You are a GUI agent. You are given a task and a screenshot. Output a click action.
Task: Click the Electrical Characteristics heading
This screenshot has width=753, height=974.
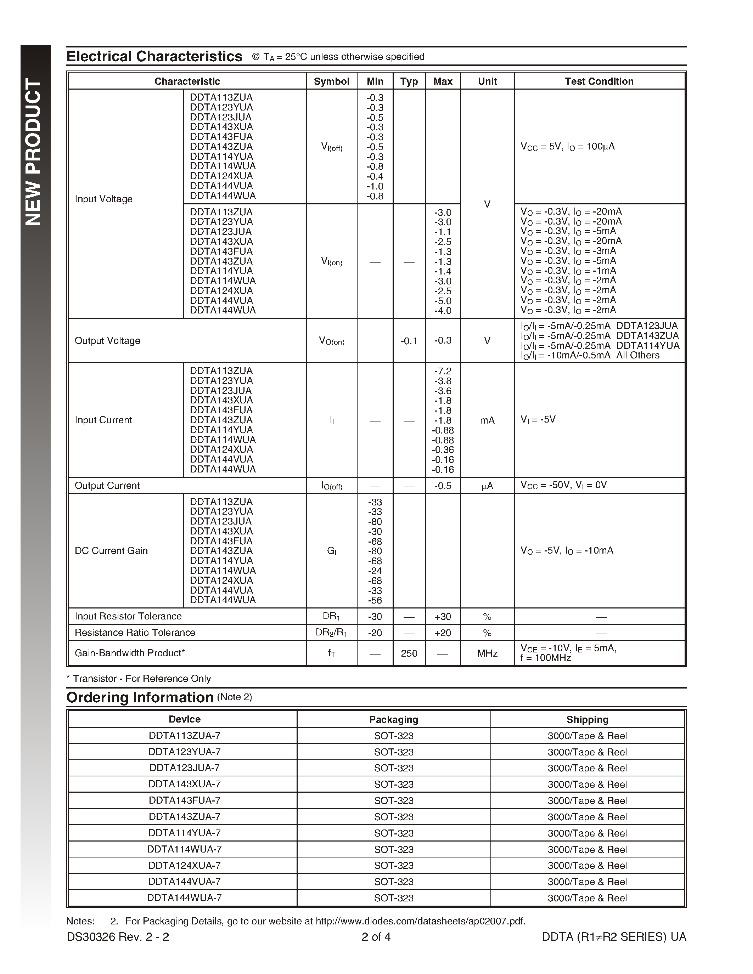click(x=154, y=57)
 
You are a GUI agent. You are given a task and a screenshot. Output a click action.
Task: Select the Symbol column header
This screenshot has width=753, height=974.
click(x=331, y=81)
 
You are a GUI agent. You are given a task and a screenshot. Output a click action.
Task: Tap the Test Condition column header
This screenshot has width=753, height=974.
click(x=599, y=81)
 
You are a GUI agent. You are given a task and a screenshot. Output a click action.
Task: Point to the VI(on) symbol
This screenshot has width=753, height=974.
click(x=331, y=262)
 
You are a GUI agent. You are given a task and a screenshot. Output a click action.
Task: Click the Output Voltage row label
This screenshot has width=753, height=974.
click(x=107, y=341)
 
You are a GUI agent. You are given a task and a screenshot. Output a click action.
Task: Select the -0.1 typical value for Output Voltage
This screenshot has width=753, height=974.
click(x=409, y=341)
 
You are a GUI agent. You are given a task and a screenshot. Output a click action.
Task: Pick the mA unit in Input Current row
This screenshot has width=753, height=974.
click(x=487, y=420)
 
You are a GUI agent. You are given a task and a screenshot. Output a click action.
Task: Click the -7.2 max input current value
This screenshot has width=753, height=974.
click(x=443, y=371)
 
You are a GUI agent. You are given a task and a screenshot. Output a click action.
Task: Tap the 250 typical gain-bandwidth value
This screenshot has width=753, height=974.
click(x=409, y=653)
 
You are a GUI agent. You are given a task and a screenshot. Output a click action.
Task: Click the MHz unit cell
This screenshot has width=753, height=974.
click(x=487, y=653)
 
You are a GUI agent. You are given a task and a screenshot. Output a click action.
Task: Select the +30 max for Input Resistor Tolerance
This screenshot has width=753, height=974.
click(x=443, y=617)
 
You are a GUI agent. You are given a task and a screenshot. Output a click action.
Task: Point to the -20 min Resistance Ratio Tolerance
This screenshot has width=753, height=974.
click(x=375, y=633)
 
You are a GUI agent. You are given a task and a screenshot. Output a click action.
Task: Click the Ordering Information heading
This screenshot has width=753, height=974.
click(x=140, y=697)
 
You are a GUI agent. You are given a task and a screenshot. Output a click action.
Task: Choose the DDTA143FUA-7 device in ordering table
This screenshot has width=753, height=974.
click(x=184, y=800)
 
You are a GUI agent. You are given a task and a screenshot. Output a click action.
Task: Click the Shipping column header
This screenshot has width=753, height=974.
click(x=587, y=719)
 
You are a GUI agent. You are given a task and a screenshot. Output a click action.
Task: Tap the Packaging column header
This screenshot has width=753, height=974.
click(x=393, y=719)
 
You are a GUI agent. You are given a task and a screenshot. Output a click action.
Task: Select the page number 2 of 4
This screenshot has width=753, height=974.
click(x=376, y=937)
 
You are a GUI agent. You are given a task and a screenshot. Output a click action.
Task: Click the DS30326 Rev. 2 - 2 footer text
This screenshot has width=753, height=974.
click(x=118, y=937)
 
